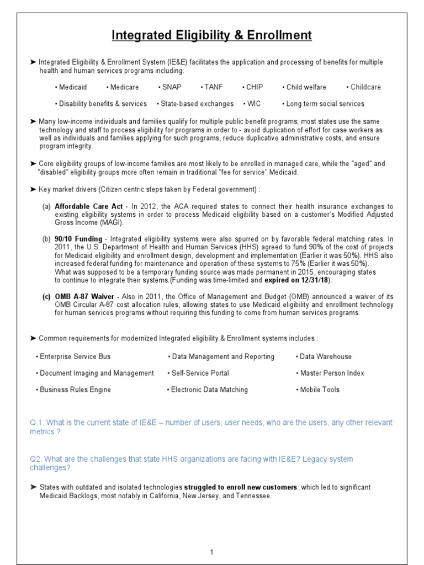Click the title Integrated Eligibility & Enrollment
[x=211, y=36]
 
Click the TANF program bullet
[x=211, y=87]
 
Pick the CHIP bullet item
[x=253, y=87]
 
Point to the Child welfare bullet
[x=305, y=87]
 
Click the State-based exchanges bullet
[x=196, y=104]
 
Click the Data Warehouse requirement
[x=325, y=356]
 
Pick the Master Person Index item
[x=331, y=373]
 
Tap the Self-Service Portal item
[x=199, y=373]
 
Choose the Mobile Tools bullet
[x=319, y=390]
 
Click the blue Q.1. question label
[x=38, y=423]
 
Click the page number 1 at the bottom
[x=211, y=552]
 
